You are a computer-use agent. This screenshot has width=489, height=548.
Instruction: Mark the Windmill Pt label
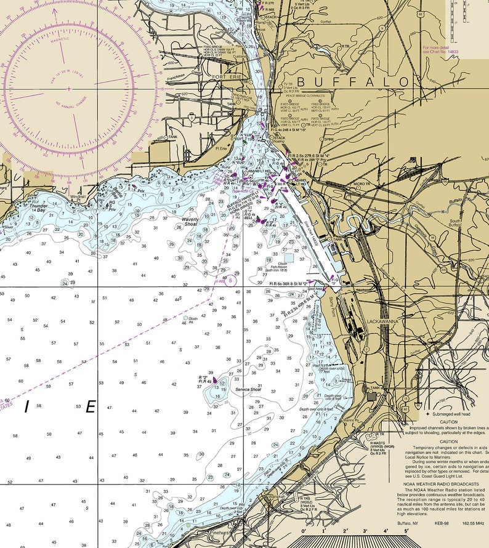[78, 197]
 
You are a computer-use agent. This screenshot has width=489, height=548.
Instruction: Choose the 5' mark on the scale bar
[406, 530]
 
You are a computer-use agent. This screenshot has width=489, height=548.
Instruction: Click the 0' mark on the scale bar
[303, 530]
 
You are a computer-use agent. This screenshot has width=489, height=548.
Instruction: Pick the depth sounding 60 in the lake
[20, 381]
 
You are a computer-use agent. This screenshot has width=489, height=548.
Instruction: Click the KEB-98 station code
[442, 523]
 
